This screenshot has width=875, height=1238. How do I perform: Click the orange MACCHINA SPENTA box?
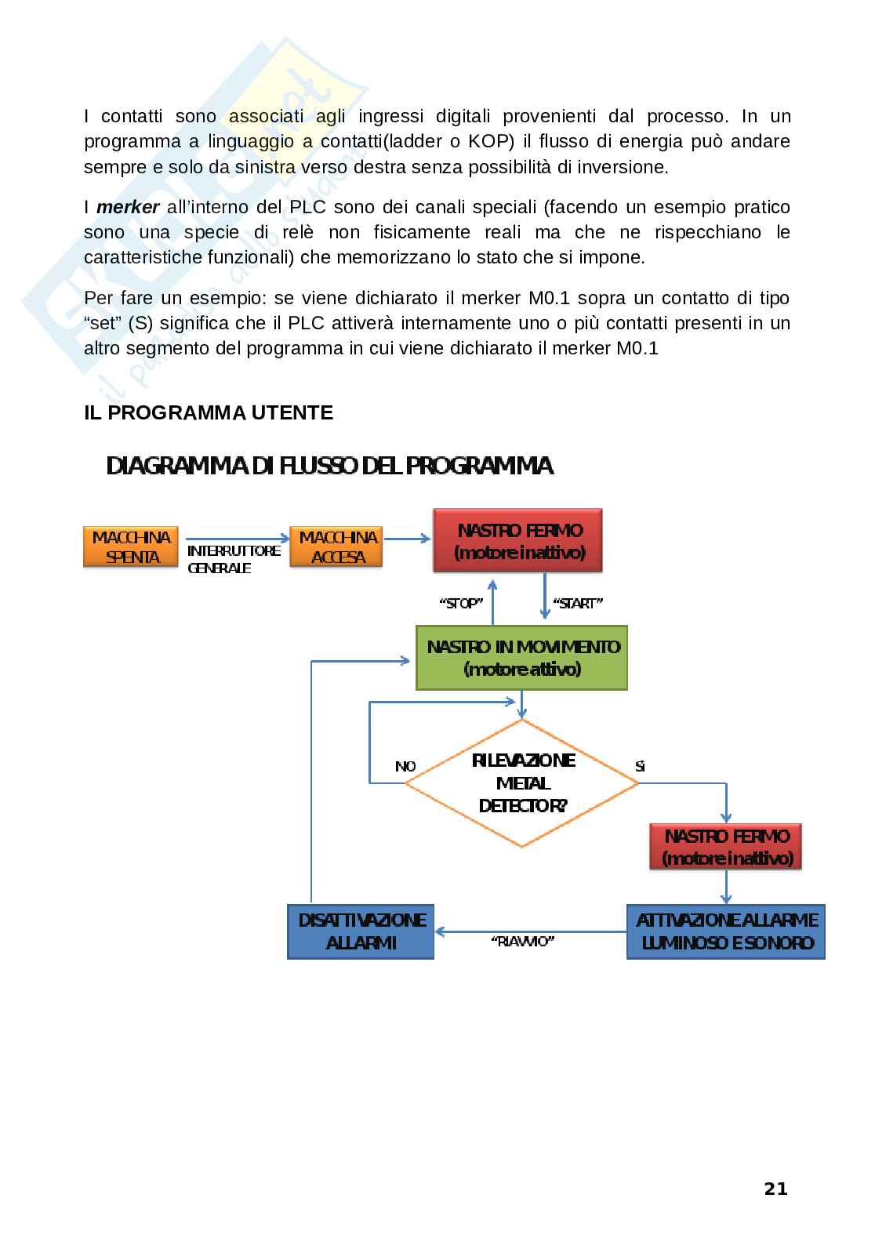pos(131,547)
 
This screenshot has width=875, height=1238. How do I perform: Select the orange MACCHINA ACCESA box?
pos(338,547)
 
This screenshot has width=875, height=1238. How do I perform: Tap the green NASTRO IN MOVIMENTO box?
pos(521,658)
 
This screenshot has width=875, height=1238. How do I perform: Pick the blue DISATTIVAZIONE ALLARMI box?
pos(361,931)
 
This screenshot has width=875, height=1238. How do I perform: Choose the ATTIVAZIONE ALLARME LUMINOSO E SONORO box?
pos(725,931)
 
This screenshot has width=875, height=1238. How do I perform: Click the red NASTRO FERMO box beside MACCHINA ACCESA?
pos(519,541)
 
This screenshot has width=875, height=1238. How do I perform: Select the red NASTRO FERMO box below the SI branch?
pos(726,847)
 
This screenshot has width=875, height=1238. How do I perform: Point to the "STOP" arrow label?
pos(460,604)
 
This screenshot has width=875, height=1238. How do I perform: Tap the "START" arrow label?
pos(577,604)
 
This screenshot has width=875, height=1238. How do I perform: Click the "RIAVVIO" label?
pos(522,942)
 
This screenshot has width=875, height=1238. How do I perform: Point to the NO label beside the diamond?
pos(405,766)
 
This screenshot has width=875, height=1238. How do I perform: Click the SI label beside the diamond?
pos(640,766)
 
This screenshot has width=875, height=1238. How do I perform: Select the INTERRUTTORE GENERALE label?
pos(234,559)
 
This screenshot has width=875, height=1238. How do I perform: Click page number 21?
pos(775,1189)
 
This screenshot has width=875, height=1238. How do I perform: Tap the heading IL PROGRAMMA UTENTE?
pos(209,412)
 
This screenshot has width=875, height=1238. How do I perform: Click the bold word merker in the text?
pos(128,208)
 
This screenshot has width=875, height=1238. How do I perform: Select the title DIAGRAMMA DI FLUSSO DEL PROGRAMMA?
pos(330,467)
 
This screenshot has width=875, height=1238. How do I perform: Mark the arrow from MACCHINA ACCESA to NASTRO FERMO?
pos(408,539)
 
